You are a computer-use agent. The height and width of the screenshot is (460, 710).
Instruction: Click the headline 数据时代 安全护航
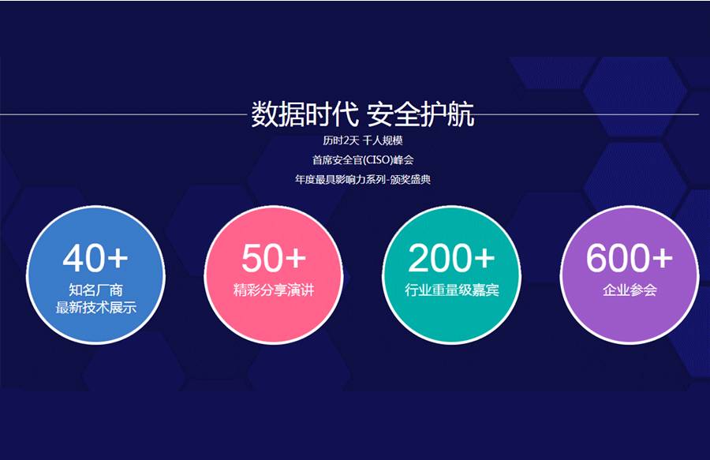coord(363,114)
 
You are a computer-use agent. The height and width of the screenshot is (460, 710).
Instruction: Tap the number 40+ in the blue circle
coord(95,258)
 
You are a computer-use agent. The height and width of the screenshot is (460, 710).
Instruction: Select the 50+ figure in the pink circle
coord(274,258)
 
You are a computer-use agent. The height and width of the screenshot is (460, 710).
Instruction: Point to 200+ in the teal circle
coord(451,258)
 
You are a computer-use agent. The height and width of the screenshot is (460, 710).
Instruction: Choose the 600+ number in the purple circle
coord(630,258)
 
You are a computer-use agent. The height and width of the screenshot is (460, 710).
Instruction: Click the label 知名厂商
coord(95,290)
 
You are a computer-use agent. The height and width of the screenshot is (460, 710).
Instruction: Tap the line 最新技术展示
coord(95,308)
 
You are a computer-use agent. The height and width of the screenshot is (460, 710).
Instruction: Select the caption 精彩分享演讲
coord(274,290)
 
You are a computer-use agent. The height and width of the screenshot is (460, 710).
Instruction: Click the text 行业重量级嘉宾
coord(451,290)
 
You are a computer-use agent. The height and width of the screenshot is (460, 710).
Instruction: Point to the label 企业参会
coord(630,290)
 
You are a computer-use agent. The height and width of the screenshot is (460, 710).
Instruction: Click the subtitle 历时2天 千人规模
coord(363,140)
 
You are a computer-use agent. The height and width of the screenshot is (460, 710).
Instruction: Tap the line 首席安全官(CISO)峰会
coord(363,160)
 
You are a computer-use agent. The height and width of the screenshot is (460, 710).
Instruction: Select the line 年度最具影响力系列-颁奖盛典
coord(363,179)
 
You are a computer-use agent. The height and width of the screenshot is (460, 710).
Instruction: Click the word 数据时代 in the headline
coord(305,114)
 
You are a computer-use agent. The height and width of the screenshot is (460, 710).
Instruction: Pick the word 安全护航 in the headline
coord(420,114)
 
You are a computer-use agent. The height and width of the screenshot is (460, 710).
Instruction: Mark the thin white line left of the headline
coord(123,114)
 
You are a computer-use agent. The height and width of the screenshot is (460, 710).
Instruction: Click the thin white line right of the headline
coord(587,114)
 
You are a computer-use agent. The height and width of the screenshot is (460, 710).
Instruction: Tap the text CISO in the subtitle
coord(378,160)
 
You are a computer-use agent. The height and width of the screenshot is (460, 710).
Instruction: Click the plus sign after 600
coord(663,259)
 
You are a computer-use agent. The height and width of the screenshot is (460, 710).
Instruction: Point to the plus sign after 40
coord(118,259)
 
